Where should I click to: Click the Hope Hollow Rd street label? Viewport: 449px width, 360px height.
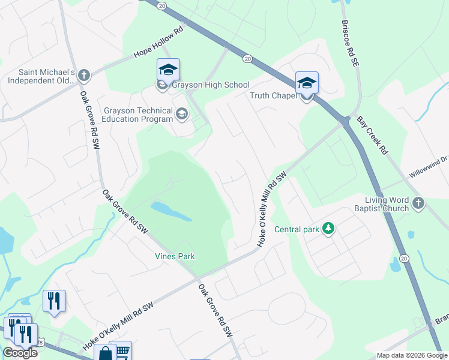(158, 42)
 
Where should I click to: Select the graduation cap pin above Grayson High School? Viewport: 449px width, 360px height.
(168, 70)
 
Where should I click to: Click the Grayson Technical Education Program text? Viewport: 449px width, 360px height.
(139, 114)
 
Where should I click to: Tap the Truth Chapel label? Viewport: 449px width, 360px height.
(273, 95)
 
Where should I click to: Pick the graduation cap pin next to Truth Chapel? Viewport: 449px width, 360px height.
(307, 83)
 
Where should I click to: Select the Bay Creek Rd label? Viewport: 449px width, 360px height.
(372, 136)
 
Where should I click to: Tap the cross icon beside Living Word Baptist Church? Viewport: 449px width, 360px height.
(419, 204)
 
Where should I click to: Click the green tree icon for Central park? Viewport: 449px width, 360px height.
(328, 228)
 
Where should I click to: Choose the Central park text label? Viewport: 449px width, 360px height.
(297, 229)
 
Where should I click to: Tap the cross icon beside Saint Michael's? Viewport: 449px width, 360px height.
(84, 76)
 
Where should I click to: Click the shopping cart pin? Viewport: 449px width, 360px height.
(121, 351)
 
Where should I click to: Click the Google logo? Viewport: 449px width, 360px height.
(20, 353)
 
